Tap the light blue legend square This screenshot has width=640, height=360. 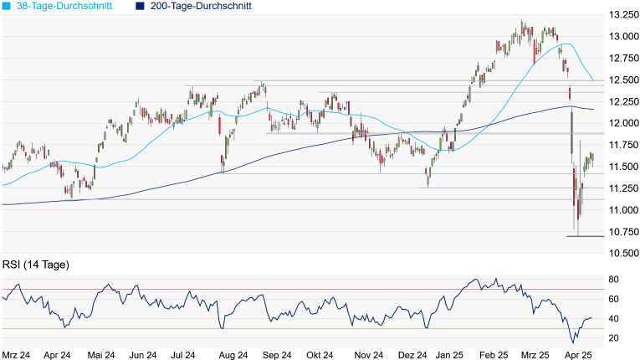(8, 6)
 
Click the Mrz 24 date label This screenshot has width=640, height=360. (17, 355)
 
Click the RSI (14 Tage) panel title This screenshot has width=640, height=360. (36, 265)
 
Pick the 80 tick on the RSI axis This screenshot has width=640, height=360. (613, 280)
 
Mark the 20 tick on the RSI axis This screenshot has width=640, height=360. (613, 337)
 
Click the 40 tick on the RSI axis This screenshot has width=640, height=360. (613, 318)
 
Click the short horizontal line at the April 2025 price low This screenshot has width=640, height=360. (586, 236)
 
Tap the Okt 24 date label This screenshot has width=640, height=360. (320, 355)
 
